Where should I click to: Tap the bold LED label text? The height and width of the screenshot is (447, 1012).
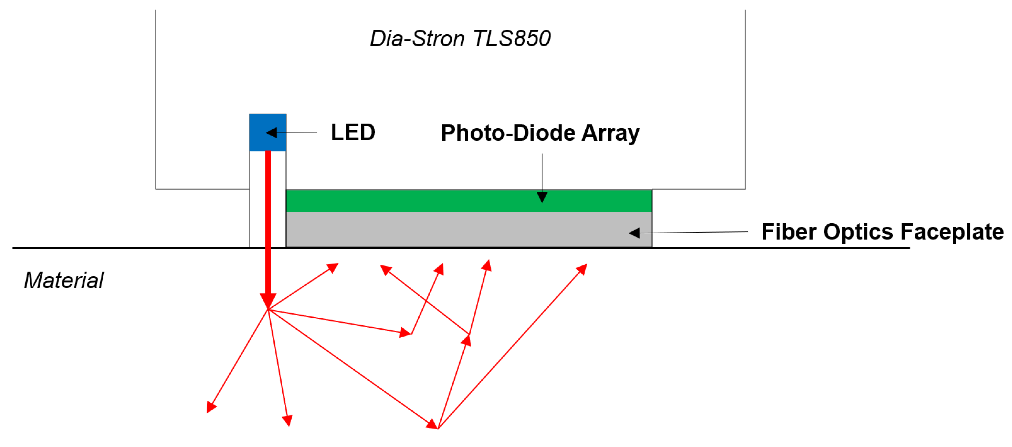point(353,132)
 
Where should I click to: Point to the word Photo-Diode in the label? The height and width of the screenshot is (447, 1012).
point(509,133)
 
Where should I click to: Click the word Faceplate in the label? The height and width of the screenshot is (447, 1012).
point(952,232)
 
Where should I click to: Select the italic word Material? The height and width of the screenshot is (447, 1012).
point(64,280)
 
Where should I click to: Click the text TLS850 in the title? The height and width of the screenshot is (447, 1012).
point(511,39)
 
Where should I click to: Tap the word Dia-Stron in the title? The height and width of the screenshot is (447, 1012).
point(417,39)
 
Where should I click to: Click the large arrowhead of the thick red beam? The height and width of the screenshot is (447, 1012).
point(268,301)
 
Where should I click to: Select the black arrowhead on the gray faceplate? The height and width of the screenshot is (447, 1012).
point(634,233)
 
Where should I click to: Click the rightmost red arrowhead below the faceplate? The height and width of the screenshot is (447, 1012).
point(582,269)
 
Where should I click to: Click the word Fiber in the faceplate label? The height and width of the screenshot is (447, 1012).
point(788,232)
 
